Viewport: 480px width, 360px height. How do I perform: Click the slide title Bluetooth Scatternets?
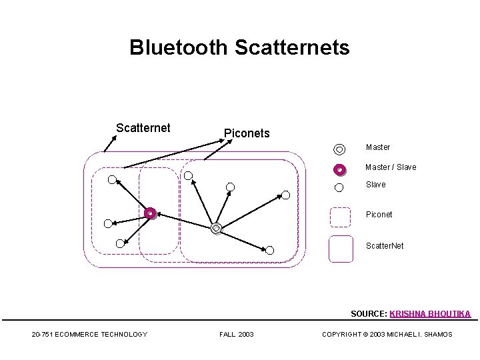click(239, 48)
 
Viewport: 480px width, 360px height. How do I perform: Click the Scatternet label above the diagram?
click(143, 127)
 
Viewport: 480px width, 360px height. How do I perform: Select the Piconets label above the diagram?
click(247, 133)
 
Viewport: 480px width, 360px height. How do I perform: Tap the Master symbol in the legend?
click(339, 149)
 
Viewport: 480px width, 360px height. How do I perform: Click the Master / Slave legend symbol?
click(339, 169)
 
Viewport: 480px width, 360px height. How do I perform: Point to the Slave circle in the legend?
click(339, 187)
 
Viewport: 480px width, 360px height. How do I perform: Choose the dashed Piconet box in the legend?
click(341, 217)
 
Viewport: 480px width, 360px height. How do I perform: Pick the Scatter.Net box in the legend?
click(341, 248)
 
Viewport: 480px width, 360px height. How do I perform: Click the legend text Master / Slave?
click(390, 167)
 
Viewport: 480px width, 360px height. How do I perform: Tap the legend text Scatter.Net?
click(385, 246)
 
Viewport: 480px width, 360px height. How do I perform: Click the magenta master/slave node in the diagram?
click(151, 213)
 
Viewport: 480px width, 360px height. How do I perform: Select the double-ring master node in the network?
click(216, 229)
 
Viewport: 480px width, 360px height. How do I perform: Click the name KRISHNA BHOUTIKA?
click(430, 313)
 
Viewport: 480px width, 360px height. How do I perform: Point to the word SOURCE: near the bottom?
click(369, 313)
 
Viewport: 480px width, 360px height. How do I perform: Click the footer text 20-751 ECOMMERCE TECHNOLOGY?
click(89, 334)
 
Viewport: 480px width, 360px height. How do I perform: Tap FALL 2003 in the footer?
click(236, 334)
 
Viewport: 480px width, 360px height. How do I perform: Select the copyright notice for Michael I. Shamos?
click(387, 334)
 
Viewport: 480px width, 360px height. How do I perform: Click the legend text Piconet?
click(379, 215)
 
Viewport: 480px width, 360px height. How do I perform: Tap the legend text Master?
click(378, 147)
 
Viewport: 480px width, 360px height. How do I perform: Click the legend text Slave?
click(375, 185)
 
